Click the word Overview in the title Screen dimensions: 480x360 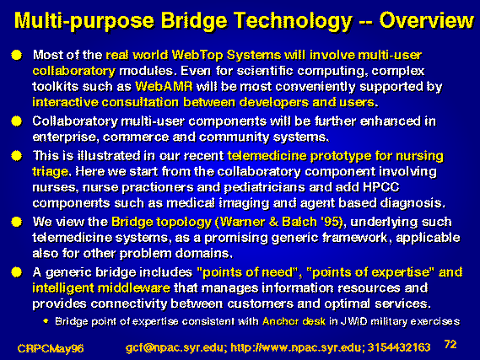click(426, 21)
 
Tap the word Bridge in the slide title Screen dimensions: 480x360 click(194, 22)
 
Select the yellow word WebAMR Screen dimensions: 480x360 click(164, 86)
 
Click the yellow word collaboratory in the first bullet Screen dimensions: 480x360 click(73, 72)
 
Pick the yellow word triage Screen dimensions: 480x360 click(51, 172)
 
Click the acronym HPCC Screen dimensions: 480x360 click(380, 187)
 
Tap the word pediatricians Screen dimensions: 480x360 click(265, 187)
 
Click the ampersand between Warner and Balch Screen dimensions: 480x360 click(273, 222)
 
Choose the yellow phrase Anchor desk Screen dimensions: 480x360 click(294, 321)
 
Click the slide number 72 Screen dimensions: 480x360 click(450, 344)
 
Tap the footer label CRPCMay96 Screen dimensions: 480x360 click(51, 348)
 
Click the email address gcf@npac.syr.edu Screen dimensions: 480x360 click(175, 347)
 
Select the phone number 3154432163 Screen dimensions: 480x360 click(399, 347)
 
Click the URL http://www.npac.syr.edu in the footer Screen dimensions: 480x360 click(297, 347)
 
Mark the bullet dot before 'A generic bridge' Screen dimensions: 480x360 click(17, 272)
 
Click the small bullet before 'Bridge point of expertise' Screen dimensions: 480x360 click(46, 321)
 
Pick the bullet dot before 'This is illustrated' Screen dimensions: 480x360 click(17, 156)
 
